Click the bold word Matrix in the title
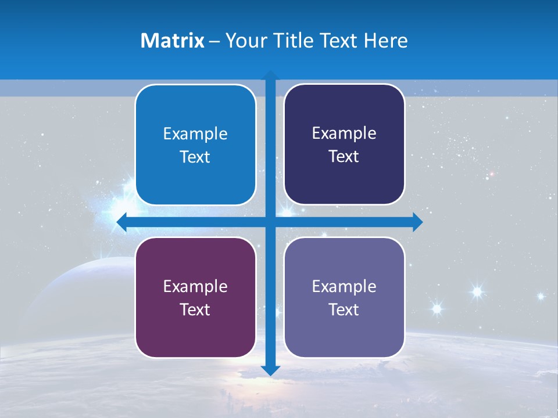[x=173, y=41]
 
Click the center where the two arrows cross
[x=270, y=222]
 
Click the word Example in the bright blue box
[x=195, y=134]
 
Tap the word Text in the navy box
[x=344, y=157]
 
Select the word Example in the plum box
[x=195, y=286]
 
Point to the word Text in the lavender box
[x=344, y=309]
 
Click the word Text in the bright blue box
[x=195, y=157]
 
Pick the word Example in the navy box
[x=344, y=134]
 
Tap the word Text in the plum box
[x=195, y=309]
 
